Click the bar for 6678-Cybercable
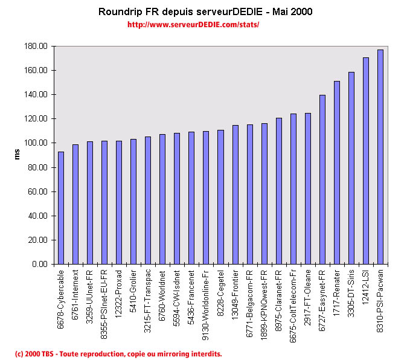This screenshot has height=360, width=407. coord(61,208)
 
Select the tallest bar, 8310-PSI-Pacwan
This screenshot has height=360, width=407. coord(380,157)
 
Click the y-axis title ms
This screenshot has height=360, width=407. coord(18,155)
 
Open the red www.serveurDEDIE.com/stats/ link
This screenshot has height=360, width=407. coord(193,25)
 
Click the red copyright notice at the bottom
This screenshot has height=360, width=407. coord(118,353)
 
